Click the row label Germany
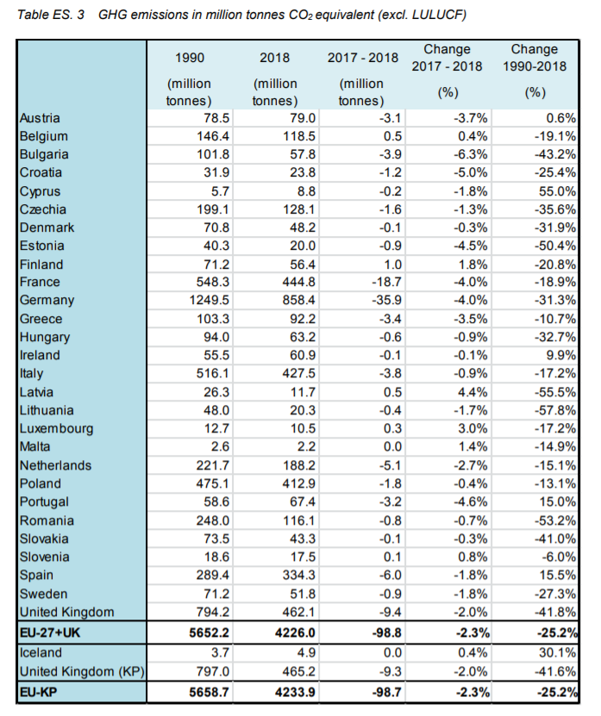tap(47, 301)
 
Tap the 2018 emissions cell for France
tap(299, 283)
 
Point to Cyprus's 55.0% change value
tap(557, 191)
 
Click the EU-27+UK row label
tap(50, 633)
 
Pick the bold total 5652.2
tap(210, 633)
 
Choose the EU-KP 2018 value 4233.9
tap(295, 693)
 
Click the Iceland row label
tap(41, 653)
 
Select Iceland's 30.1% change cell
tap(557, 653)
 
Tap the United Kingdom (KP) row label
tap(82, 672)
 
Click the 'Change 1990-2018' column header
tap(535, 58)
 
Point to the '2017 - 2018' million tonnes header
tap(363, 58)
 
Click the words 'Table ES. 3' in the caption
tap(50, 15)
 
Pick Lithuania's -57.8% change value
tap(555, 410)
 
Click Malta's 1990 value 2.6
tap(220, 447)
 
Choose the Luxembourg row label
tap(56, 429)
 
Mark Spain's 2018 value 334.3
tap(299, 576)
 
